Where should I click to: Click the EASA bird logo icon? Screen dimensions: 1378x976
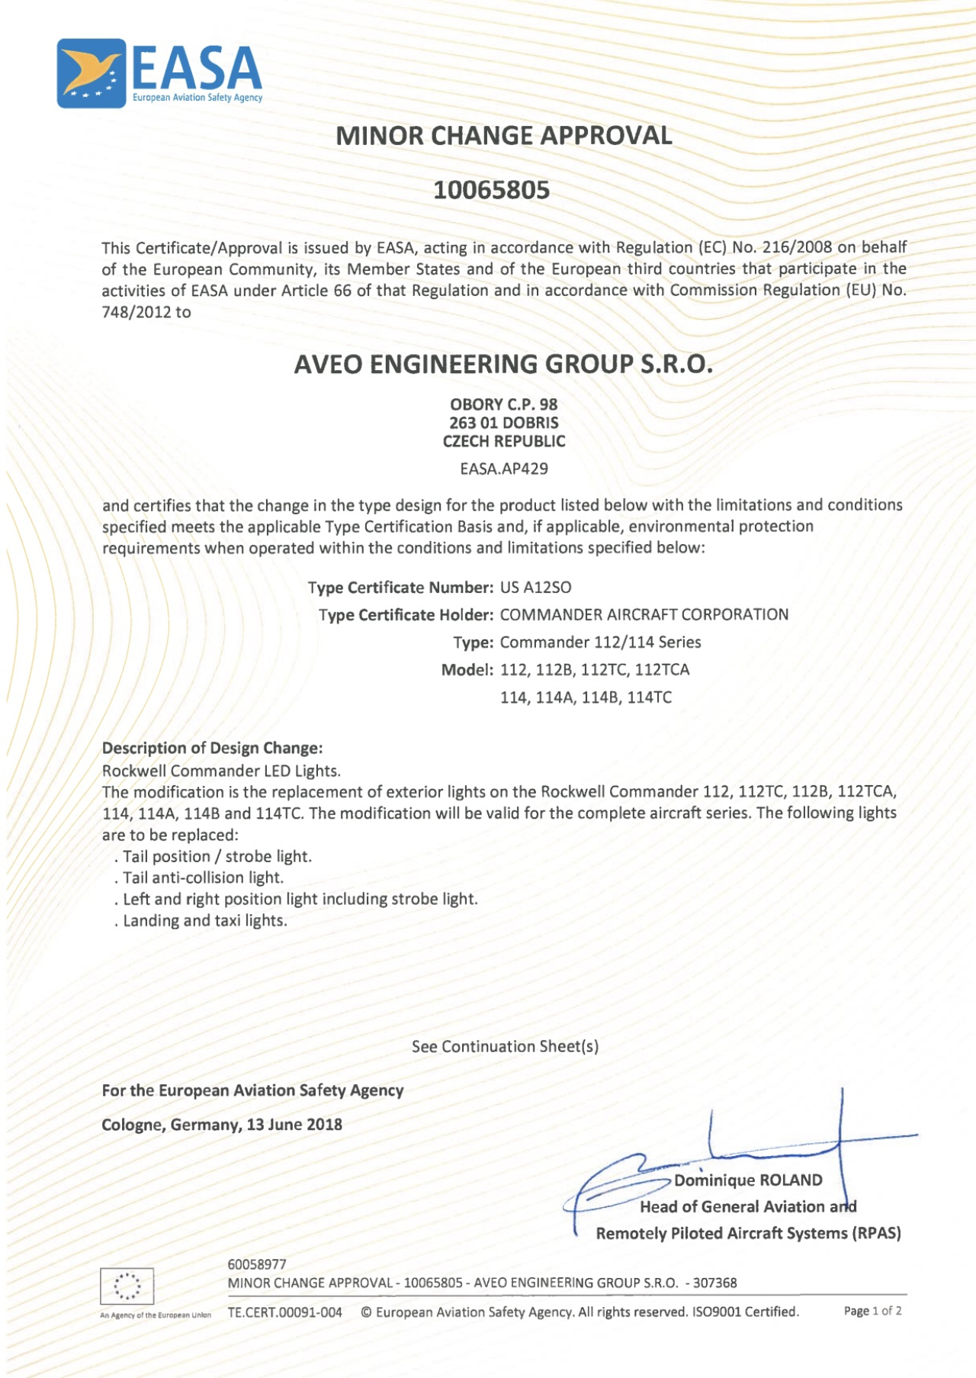(x=91, y=73)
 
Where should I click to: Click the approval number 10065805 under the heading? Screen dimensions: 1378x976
(x=491, y=190)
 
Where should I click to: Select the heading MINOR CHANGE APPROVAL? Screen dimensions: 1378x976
(x=503, y=136)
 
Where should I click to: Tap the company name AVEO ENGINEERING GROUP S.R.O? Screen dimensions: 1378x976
(x=503, y=364)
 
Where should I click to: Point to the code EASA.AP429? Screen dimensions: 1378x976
(x=503, y=468)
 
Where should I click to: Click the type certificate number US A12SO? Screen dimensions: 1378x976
(x=535, y=588)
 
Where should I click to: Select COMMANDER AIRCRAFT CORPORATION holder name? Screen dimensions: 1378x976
(x=644, y=615)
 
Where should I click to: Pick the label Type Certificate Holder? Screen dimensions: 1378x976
(x=406, y=615)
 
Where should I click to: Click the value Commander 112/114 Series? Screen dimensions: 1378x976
(x=600, y=642)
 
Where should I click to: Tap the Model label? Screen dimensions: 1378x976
(x=467, y=670)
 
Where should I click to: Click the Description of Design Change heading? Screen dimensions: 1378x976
(x=212, y=748)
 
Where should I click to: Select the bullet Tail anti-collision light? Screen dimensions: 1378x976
(x=203, y=877)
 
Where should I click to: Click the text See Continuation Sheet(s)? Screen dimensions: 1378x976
(x=505, y=1046)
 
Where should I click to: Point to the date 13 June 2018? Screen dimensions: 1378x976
(x=294, y=1124)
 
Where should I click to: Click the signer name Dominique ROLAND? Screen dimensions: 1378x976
(x=747, y=1180)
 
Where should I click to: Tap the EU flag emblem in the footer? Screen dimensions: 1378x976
(x=127, y=1286)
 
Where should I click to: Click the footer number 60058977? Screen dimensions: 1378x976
(x=257, y=1264)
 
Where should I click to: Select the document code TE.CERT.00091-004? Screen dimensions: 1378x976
(x=284, y=1312)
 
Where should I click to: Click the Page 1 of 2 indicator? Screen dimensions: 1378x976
(x=872, y=1311)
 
